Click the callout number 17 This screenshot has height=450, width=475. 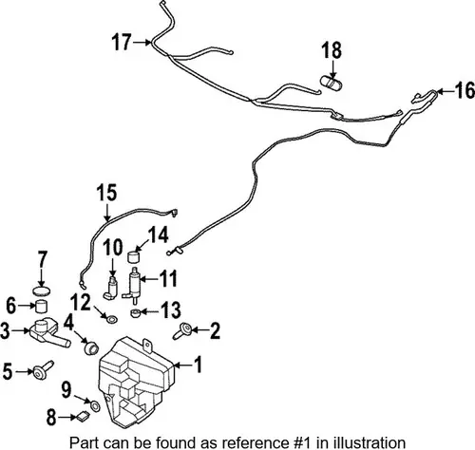(x=122, y=42)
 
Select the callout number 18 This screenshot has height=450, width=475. (x=332, y=50)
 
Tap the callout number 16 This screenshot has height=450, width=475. (x=465, y=90)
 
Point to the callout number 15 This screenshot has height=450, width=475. (x=106, y=193)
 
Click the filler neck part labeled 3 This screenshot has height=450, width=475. (x=48, y=333)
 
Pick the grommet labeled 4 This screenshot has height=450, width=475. (x=91, y=347)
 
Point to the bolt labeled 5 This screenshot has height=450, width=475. (x=42, y=368)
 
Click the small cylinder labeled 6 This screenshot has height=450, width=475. (x=41, y=307)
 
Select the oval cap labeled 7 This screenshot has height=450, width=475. (x=42, y=291)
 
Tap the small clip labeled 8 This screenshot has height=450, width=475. (x=83, y=416)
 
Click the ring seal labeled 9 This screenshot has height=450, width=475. (x=95, y=405)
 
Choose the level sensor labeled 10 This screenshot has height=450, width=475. (x=110, y=289)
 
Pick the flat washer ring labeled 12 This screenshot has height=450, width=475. (x=111, y=320)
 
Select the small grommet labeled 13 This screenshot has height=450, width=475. (x=135, y=313)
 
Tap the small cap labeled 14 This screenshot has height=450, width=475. (x=134, y=256)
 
